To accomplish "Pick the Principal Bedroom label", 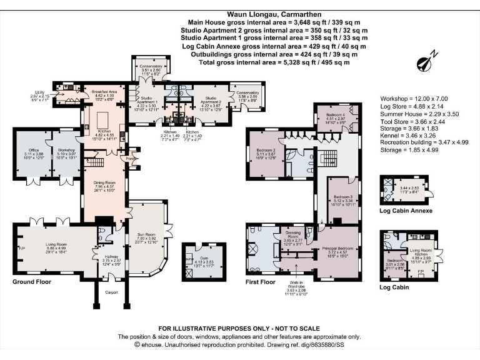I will pyautogui.click(x=338, y=248).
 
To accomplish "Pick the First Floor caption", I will pyautogui.click(x=261, y=282).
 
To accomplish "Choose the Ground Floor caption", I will pyautogui.click(x=31, y=282).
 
